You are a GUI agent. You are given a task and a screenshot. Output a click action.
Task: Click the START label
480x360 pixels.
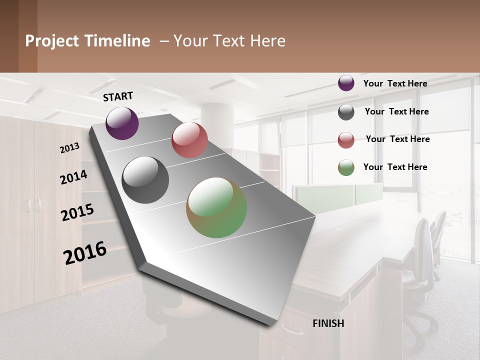(x=118, y=96)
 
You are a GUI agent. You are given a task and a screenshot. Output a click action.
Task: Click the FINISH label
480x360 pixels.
(x=328, y=323)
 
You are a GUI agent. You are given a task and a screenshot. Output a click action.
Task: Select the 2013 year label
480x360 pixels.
(x=70, y=147)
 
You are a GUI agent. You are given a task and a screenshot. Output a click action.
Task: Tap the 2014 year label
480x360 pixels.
(x=74, y=177)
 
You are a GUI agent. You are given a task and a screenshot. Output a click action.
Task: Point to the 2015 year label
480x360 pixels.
(x=77, y=212)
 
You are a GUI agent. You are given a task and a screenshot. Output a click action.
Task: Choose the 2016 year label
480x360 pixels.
(x=85, y=252)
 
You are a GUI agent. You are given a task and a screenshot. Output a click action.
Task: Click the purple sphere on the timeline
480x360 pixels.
(x=122, y=123)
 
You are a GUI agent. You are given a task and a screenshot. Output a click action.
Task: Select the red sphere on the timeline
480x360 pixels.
(x=189, y=140)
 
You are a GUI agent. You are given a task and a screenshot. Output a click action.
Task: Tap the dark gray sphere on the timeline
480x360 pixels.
(x=145, y=180)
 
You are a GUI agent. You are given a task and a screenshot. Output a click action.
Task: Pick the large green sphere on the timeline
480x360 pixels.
(x=216, y=207)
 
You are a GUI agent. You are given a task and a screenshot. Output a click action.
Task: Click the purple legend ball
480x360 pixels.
(x=346, y=83)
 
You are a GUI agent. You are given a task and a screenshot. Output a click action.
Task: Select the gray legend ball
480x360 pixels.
(x=346, y=112)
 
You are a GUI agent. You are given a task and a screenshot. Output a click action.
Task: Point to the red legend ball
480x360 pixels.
(x=346, y=140)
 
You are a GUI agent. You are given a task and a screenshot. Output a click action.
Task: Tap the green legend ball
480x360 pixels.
(x=346, y=167)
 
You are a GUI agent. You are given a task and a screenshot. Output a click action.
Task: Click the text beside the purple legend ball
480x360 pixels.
(x=395, y=83)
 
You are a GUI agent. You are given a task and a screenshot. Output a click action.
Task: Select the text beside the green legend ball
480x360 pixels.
(x=395, y=167)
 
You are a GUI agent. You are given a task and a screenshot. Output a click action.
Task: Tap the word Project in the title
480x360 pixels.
(x=52, y=41)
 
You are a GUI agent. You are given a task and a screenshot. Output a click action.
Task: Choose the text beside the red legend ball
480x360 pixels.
(x=397, y=139)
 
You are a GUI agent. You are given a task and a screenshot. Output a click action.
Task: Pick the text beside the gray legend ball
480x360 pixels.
(x=396, y=111)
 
